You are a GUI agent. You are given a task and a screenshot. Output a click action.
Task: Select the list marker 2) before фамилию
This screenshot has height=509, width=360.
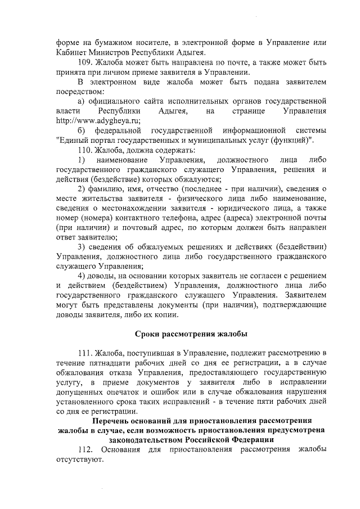[82, 189]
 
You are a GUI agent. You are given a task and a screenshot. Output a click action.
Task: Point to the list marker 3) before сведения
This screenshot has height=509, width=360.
[82, 247]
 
